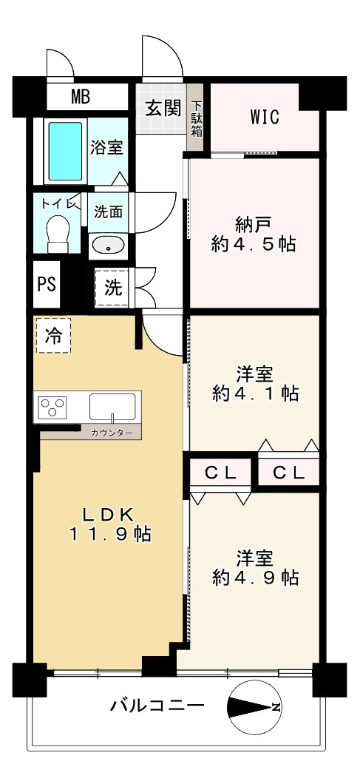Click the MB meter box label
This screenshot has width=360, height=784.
tap(80, 96)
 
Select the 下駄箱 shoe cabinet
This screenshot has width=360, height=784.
tap(195, 117)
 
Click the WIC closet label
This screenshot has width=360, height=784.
tap(265, 118)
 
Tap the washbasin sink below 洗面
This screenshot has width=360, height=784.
tap(108, 246)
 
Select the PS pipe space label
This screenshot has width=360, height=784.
tap(47, 284)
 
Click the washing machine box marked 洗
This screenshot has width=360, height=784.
tap(112, 287)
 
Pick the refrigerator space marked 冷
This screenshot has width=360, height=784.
tap(53, 336)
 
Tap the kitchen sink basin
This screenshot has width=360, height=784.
tap(112, 407)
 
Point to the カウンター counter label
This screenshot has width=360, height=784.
tap(112, 433)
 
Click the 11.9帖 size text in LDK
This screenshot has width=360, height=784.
tap(109, 535)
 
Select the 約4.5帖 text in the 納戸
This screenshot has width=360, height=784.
tap(254, 244)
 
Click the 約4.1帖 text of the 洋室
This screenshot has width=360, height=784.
tap(255, 394)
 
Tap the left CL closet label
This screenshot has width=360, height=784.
tap(220, 473)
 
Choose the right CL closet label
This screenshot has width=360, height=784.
tap(288, 473)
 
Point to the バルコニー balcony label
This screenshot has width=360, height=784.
tap(158, 706)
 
